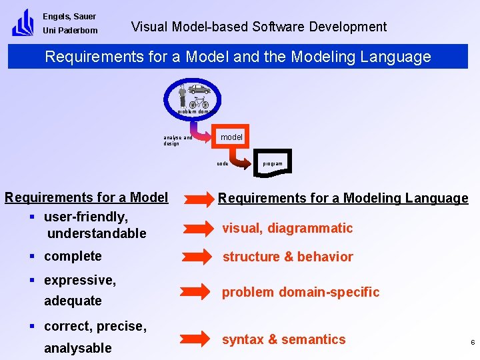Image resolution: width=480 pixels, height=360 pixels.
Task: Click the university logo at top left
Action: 23,22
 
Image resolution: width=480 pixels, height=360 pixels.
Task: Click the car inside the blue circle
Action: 199,89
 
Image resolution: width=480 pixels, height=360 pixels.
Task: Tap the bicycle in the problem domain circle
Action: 199,103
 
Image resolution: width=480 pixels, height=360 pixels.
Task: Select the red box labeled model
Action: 232,137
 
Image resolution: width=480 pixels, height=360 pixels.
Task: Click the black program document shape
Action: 272,163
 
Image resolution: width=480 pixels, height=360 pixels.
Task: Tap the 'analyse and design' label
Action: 177,140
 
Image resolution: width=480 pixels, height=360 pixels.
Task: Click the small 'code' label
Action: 223,163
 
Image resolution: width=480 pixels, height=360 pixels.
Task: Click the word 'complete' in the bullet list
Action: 73,256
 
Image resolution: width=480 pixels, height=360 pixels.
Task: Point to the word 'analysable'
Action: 78,348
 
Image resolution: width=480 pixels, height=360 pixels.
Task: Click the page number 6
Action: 472,343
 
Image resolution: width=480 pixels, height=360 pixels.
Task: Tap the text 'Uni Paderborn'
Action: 70,31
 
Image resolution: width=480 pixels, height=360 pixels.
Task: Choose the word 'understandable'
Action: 97,233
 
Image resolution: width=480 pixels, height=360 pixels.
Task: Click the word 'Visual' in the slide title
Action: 149,27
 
